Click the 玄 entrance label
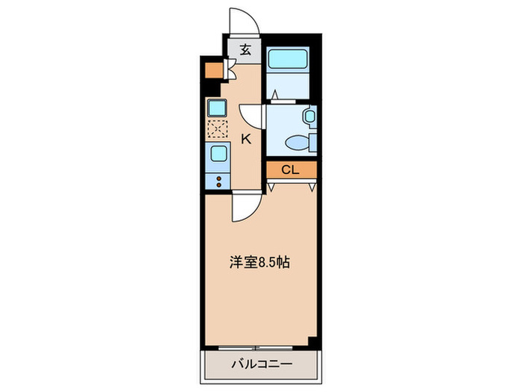pos(245,50)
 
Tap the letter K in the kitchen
pos(245,139)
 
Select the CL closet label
pos(290,170)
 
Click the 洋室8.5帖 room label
pos(259,263)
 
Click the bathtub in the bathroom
pos(287,59)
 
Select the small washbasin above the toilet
pos(309,116)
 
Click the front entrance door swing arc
pos(244,22)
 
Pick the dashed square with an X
pos(217,128)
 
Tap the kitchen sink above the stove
pos(219,154)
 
